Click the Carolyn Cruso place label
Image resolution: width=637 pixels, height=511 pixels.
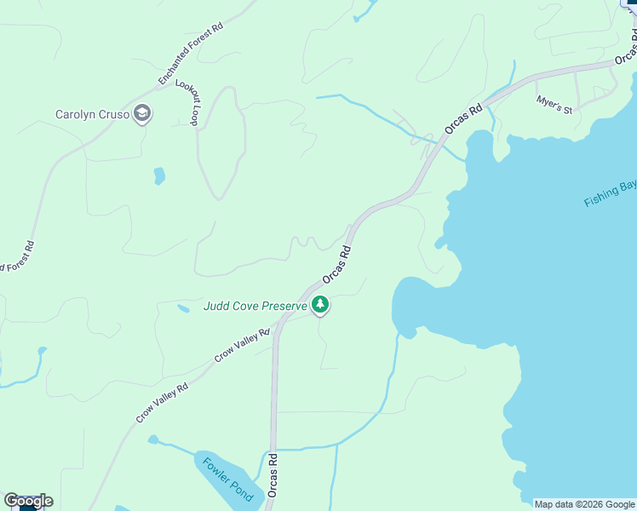tap(92, 114)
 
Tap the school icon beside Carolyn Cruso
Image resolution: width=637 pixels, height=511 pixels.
tap(142, 114)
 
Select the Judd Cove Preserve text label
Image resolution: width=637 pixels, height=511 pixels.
tap(255, 306)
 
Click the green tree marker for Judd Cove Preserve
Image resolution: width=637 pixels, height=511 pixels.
tap(320, 304)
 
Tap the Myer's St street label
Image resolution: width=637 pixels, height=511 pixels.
tap(554, 105)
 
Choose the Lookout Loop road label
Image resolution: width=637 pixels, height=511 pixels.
tap(187, 103)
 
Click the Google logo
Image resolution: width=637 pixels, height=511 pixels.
tap(28, 501)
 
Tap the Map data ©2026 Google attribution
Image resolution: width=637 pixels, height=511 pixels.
tap(584, 504)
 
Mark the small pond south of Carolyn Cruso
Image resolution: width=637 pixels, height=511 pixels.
tap(159, 176)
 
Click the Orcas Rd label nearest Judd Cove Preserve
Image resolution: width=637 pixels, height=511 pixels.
tap(336, 267)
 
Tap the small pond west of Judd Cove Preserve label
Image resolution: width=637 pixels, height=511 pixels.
tap(183, 308)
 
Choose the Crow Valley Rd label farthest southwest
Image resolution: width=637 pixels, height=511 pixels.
tap(162, 402)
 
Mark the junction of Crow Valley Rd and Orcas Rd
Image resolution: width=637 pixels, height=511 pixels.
tap(278, 326)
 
